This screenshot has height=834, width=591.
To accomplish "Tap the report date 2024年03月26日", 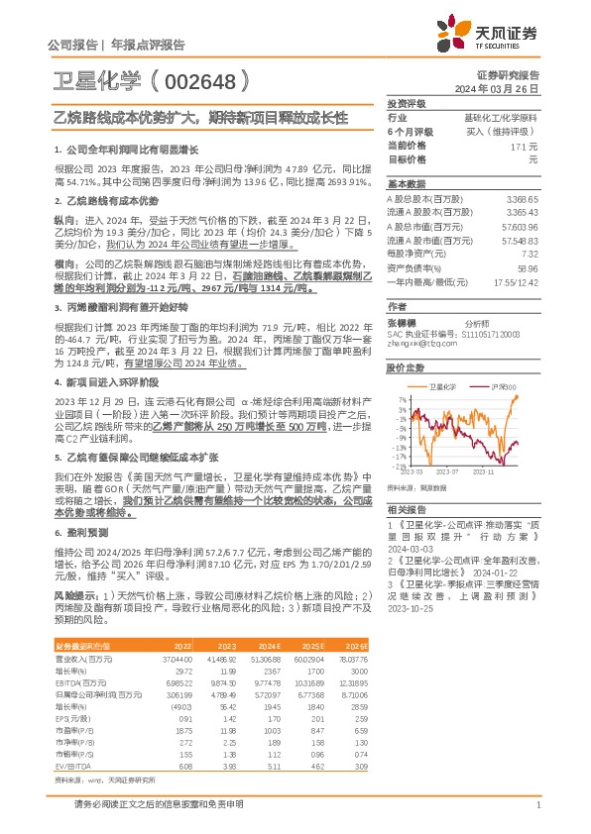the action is [x=503, y=89].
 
